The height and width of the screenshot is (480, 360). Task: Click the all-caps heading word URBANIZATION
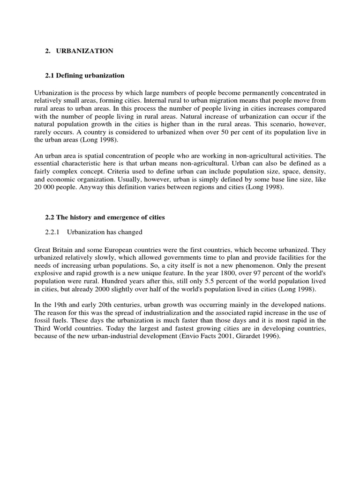click(85, 51)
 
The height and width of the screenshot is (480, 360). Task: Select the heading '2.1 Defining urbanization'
click(85, 75)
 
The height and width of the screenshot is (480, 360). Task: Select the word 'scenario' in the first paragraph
click(278, 125)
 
